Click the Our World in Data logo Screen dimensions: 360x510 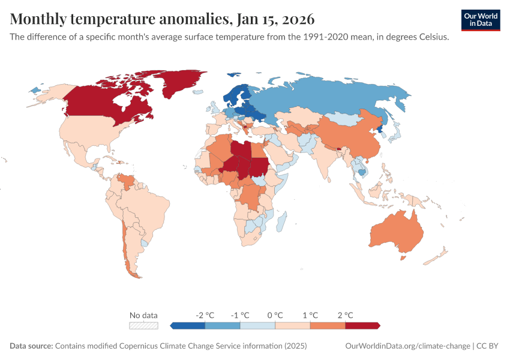click(x=480, y=20)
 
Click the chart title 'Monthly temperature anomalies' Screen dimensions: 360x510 click(x=120, y=19)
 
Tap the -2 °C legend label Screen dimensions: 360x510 click(x=205, y=315)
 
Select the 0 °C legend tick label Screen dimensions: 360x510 click(x=275, y=315)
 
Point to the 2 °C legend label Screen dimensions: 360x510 click(x=345, y=315)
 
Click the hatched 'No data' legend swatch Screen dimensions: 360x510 click(x=144, y=326)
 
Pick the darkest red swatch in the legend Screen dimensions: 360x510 click(x=362, y=326)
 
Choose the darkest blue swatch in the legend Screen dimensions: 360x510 click(x=188, y=326)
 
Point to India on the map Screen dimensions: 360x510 click(x=327, y=159)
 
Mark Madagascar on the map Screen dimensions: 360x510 click(x=281, y=222)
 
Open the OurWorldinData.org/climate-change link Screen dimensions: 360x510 click(x=408, y=346)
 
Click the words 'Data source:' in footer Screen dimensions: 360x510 click(x=31, y=346)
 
